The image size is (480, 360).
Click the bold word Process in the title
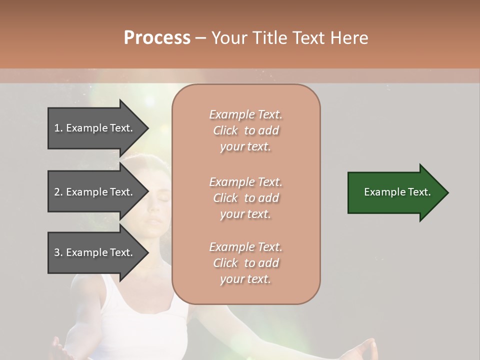(157, 38)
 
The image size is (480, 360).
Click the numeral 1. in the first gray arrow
(58, 128)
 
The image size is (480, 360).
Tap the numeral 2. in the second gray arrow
(58, 192)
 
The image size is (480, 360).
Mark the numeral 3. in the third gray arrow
(58, 252)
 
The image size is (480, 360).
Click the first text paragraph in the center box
(245, 130)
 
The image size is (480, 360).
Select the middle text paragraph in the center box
(245, 197)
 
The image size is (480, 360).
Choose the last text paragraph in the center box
(245, 263)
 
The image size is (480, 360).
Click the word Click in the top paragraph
(225, 130)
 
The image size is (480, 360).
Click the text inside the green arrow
(397, 192)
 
